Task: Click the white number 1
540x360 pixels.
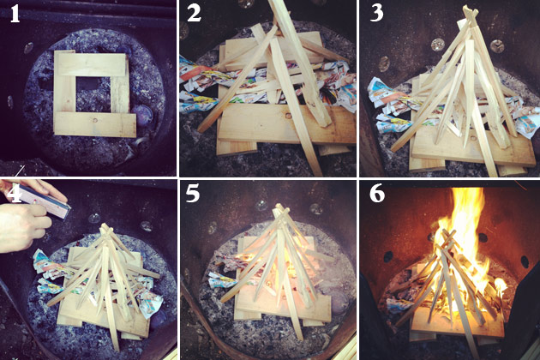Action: coord(15,15)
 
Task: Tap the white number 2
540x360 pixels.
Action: coord(194,14)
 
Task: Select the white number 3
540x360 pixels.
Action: coord(377,14)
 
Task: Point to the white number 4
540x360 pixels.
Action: coord(15,195)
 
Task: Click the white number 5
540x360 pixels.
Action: coord(193,194)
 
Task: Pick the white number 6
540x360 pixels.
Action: coord(377,194)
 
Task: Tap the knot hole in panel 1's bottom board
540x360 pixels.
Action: coord(94,120)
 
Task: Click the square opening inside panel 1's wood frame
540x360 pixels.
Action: coord(93,94)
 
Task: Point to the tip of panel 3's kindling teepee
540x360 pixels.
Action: coord(469,9)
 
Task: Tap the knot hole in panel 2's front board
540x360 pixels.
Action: coord(287,116)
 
